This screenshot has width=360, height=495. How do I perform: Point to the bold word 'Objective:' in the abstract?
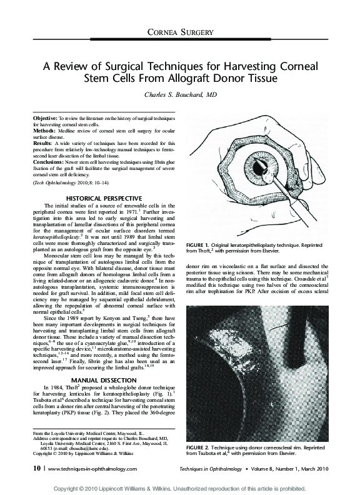pos(45,117)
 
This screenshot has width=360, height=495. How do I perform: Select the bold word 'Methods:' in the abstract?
pos(44,130)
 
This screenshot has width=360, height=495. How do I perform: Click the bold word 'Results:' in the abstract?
pos(42,143)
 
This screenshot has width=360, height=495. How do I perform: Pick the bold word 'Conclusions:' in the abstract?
pos(49,162)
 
